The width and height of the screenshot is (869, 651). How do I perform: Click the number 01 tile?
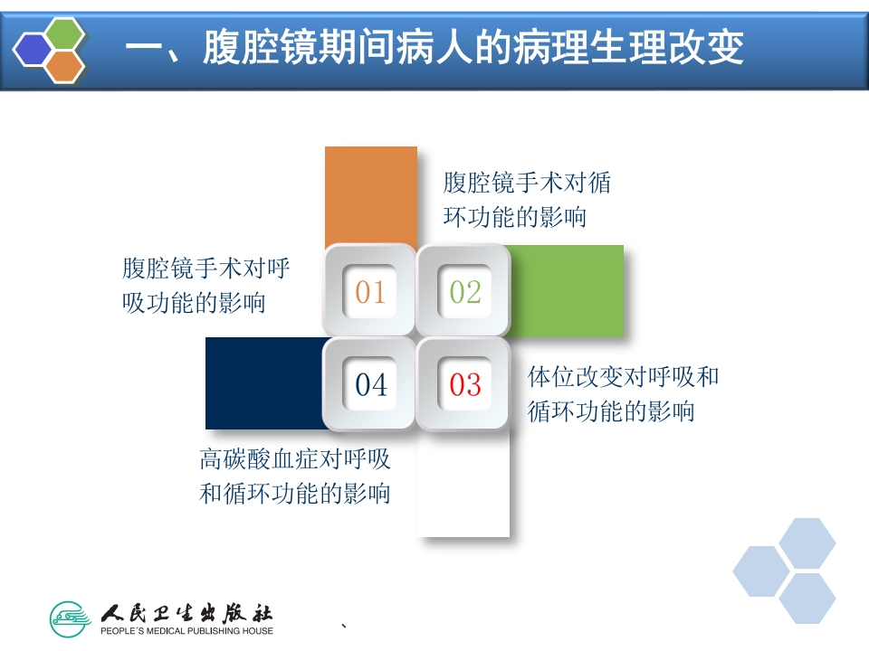[370, 291]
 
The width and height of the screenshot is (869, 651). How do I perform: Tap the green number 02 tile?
[465, 291]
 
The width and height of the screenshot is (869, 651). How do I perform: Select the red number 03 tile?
[465, 384]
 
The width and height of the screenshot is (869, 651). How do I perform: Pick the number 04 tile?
[370, 384]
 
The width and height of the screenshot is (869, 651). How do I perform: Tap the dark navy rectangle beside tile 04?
[263, 382]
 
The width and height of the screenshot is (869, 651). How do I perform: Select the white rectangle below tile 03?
[463, 484]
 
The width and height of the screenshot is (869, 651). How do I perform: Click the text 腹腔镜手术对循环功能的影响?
[527, 200]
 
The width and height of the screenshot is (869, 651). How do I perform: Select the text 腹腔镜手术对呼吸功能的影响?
[206, 285]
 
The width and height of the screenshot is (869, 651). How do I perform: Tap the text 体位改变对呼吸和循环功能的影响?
[623, 393]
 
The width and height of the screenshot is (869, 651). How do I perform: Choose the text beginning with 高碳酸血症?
[295, 476]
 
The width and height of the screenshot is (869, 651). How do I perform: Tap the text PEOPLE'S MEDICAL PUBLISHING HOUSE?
[186, 630]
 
